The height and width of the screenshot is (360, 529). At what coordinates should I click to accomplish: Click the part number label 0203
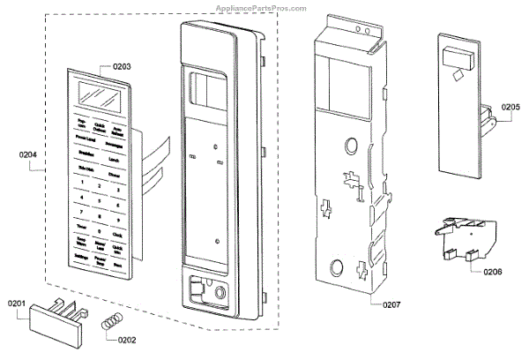point(122,66)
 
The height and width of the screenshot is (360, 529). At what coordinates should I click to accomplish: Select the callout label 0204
point(28,155)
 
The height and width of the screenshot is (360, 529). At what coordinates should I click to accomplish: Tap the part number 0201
point(19,304)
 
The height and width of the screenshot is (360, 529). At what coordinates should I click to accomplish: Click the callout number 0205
point(509,108)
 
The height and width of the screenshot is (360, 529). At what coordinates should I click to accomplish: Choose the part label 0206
point(494,271)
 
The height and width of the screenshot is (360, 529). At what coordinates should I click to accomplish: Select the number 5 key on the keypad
point(100,200)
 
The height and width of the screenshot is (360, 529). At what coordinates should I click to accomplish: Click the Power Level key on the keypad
point(86,139)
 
